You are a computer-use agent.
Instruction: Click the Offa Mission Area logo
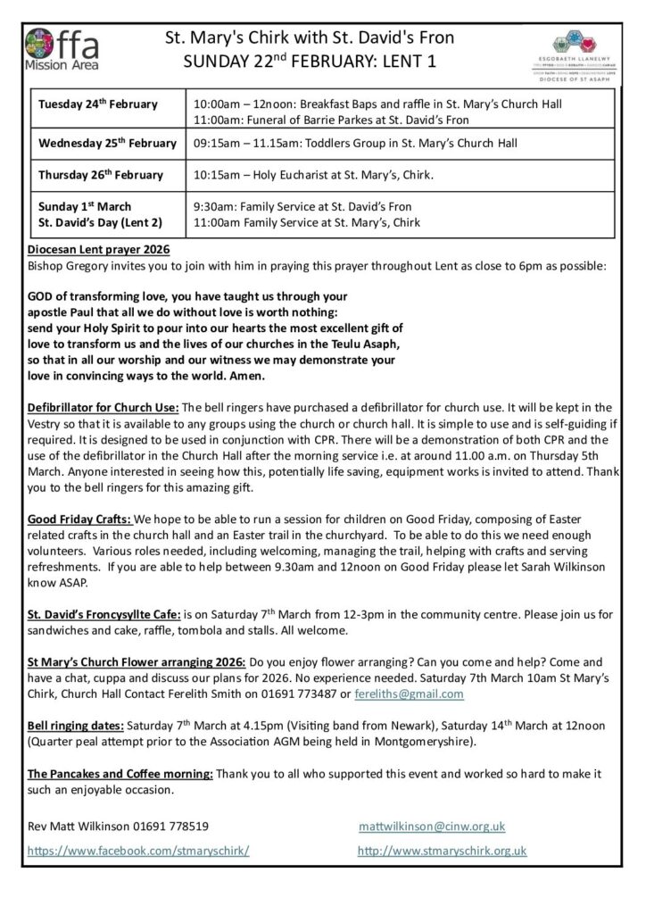coord(63,49)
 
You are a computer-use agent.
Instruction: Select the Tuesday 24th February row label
coord(98,104)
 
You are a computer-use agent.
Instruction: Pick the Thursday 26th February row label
coord(101,174)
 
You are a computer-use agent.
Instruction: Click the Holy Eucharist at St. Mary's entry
coord(312,174)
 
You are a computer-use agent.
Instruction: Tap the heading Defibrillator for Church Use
coord(104,408)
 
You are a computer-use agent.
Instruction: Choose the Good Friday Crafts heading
coord(80,519)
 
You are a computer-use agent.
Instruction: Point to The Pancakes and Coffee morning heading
coord(120,774)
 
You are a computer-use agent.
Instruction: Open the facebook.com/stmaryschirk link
coord(138,852)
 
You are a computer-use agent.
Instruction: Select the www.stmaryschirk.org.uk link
coord(442,852)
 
